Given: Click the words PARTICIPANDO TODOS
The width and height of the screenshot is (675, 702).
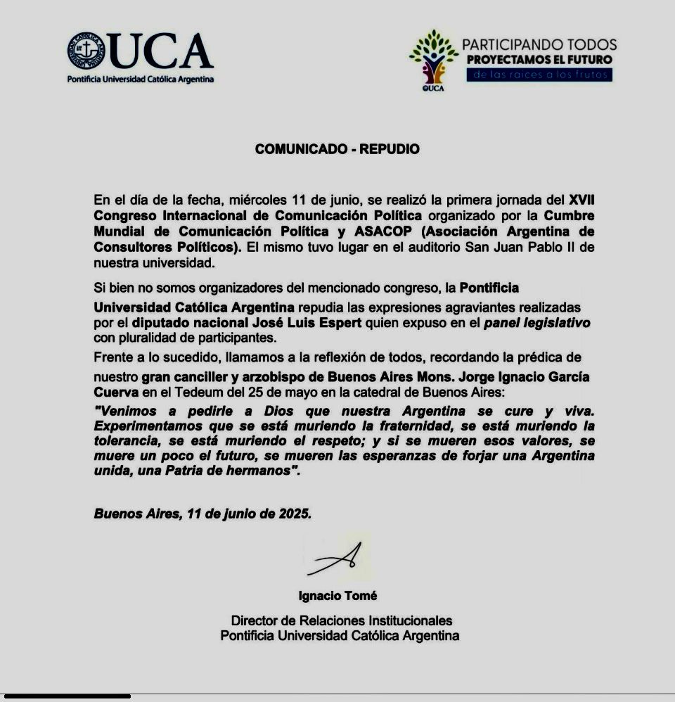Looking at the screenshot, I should pyautogui.click(x=539, y=45).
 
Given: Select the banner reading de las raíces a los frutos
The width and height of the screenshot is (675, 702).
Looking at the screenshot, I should pyautogui.click(x=539, y=75).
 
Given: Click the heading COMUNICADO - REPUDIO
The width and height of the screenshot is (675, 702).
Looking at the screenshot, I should pyautogui.click(x=337, y=149).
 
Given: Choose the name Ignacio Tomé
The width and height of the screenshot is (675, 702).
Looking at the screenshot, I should pyautogui.click(x=337, y=596).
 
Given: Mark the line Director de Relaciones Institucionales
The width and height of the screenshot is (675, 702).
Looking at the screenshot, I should pyautogui.click(x=341, y=620).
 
